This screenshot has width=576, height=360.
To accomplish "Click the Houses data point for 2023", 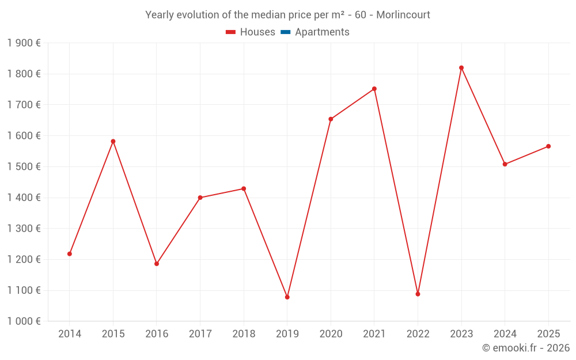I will pos(461,68).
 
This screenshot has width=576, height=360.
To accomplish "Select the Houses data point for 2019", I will pos(287,297).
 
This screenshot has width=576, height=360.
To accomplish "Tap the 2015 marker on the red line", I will pos(113,141).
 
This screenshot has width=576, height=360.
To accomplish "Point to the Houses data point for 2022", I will pos(418,294).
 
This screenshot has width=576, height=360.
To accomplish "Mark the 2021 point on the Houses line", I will pos(374,89).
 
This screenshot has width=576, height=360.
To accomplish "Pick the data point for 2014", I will pos(70,254).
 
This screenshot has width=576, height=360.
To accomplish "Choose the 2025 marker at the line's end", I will pos(548,146).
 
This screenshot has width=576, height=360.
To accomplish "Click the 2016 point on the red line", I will pos(157,264).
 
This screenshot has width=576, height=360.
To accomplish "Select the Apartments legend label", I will pos(322,32).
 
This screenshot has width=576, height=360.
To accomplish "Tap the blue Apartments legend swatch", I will pos(285,32).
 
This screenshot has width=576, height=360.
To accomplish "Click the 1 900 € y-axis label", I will pos(24,43).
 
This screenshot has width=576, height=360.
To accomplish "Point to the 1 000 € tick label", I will pos(24,321).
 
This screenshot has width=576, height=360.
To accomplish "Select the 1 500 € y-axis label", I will pos(24,167).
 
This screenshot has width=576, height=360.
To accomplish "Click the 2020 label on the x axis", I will pos(331,334).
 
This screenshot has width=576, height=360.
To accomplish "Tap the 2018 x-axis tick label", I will pos(244,334).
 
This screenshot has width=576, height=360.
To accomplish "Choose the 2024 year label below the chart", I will pos(505,334).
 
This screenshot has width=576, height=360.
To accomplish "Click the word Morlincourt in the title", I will pos(403,15).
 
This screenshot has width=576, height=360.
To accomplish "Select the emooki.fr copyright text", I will pos(525,348).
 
